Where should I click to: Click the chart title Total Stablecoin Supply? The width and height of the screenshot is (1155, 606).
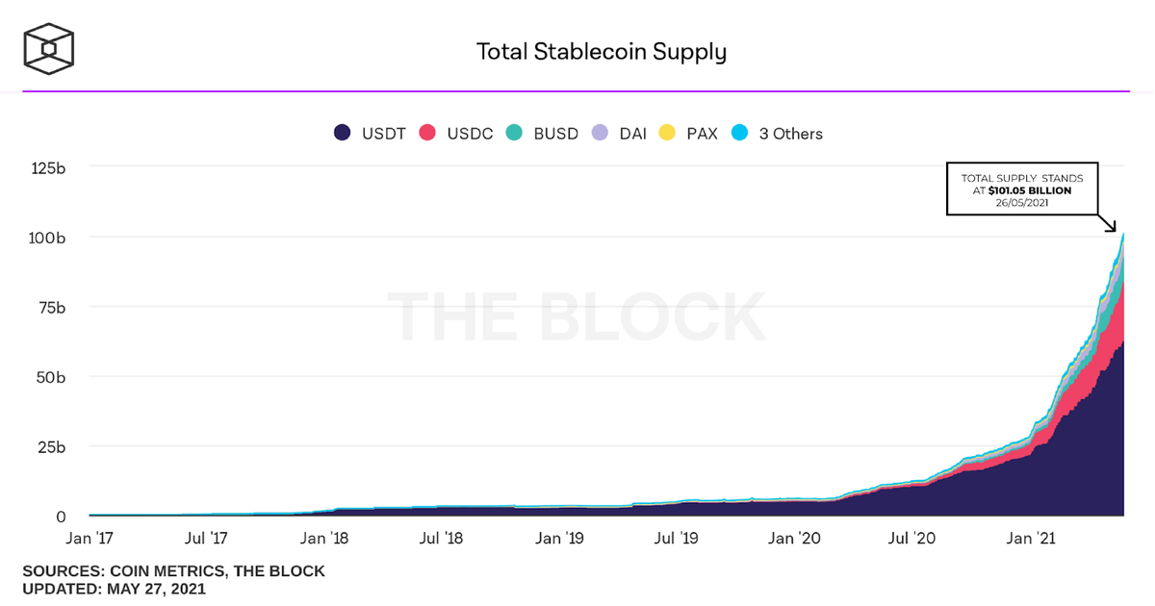click(x=601, y=51)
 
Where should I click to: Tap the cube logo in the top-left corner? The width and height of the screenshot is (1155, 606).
click(x=49, y=47)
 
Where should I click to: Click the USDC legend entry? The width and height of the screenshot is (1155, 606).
click(x=456, y=134)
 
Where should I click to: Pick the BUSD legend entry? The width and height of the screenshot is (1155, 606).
click(x=543, y=134)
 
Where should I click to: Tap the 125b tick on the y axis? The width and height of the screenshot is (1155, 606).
click(x=46, y=167)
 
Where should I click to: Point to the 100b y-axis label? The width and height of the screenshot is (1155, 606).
click(x=46, y=238)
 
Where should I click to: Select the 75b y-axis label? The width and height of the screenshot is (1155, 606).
click(x=50, y=308)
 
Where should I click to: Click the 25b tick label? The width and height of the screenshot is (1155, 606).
click(x=50, y=447)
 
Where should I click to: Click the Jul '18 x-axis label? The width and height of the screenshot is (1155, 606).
click(x=442, y=539)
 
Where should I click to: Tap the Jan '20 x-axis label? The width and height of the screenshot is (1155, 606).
click(x=796, y=539)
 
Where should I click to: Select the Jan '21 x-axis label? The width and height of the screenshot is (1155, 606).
click(x=1033, y=539)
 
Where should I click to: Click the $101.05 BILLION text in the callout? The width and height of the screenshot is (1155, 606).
click(x=1042, y=190)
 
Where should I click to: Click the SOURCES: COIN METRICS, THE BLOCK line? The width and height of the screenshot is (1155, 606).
click(x=173, y=571)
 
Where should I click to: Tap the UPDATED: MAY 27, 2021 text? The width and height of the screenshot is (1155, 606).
click(x=114, y=589)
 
